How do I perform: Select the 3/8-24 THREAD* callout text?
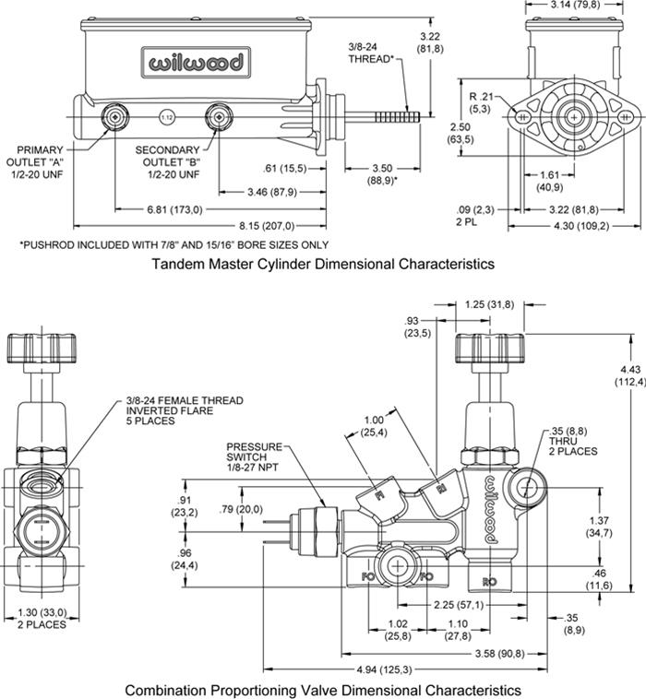pyautogui.click(x=371, y=53)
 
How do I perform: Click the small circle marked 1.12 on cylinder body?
pyautogui.click(x=167, y=117)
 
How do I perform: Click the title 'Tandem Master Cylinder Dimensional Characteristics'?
pyautogui.click(x=322, y=264)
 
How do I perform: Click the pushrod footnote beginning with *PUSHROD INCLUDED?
pyautogui.click(x=173, y=244)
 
